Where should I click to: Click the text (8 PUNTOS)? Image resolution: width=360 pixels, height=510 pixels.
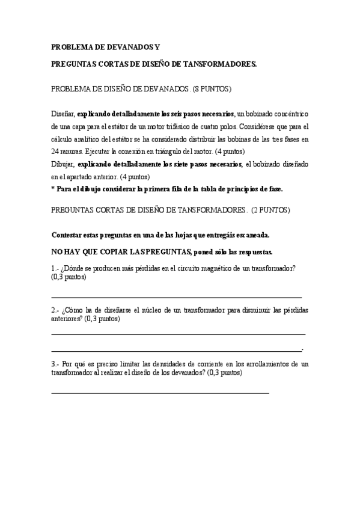click(211, 88)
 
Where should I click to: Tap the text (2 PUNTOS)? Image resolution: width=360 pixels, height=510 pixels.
click(271, 210)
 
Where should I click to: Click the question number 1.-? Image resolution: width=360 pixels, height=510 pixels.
click(55, 268)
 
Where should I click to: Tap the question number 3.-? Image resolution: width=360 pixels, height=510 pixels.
click(55, 364)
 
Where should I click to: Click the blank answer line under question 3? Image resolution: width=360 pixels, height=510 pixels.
click(160, 393)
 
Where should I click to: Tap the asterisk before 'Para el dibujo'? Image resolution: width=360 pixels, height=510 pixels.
click(53, 189)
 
